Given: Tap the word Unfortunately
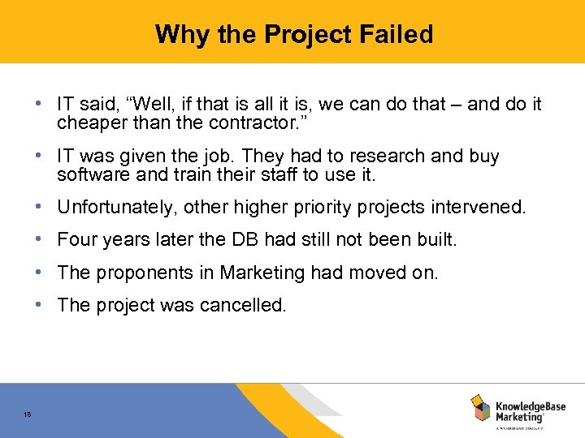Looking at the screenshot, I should point(117,208).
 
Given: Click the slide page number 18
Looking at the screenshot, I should point(28,415).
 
